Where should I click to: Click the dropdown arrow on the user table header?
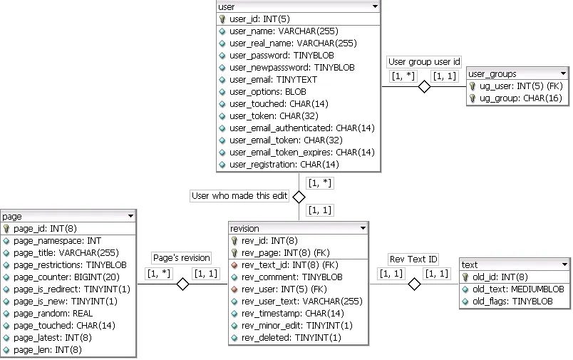point(375,6)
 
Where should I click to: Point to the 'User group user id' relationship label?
point(424,62)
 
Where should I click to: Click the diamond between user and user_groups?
point(424,87)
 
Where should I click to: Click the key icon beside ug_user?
point(473,86)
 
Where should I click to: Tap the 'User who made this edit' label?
point(239,196)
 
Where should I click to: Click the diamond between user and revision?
point(299,197)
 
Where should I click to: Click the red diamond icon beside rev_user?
point(234,289)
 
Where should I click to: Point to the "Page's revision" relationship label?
point(182,258)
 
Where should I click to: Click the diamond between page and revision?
point(182,284)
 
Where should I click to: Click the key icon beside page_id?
point(6,229)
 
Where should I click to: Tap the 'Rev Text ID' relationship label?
point(413,259)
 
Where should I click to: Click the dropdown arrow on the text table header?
point(564,264)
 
